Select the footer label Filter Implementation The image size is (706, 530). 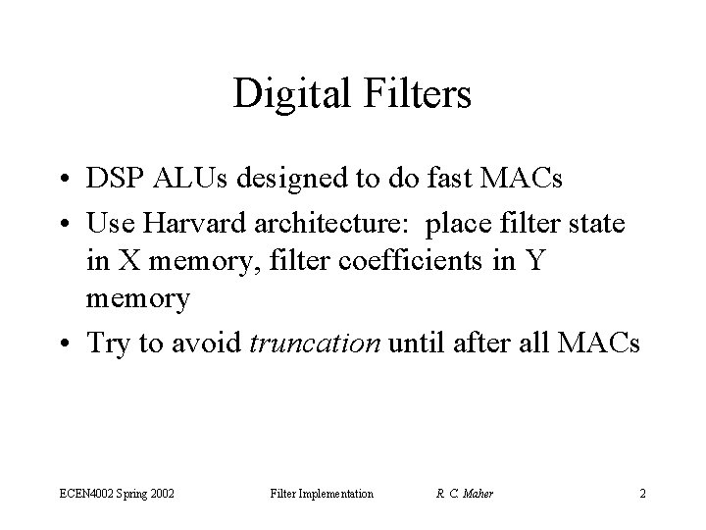(x=322, y=493)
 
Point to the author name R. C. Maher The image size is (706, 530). (x=464, y=493)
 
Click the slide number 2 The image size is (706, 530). (x=642, y=493)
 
